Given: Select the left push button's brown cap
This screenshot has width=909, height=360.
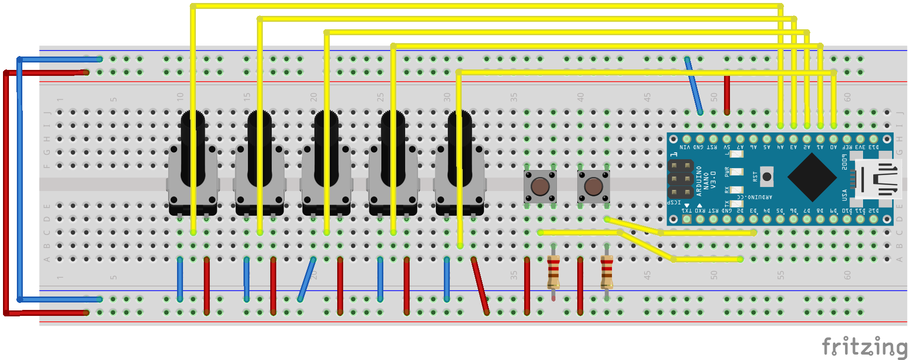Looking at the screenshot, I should (540, 186).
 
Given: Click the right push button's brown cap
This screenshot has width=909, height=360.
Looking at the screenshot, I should (593, 186).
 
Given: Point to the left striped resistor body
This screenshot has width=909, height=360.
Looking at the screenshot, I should (553, 272).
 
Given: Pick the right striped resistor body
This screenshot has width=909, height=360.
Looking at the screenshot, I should (606, 272).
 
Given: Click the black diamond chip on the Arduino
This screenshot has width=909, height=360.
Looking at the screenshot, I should (811, 177).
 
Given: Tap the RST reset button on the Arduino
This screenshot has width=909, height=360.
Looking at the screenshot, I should (767, 176).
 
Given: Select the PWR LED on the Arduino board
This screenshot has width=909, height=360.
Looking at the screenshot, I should (736, 172).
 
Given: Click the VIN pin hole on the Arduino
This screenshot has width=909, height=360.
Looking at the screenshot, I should (686, 139).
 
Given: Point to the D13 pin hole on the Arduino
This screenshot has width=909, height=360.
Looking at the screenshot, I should (873, 139).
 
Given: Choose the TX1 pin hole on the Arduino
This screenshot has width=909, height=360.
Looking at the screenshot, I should (686, 219).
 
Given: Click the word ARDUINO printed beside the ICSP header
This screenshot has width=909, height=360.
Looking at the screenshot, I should (699, 181).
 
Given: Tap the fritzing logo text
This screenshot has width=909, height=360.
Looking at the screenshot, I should (864, 346).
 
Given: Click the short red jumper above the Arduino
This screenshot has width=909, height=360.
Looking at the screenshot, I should (727, 95).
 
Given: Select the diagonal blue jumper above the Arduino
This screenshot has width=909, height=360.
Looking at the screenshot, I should (693, 86).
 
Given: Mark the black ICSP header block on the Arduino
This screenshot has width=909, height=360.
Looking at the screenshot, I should (680, 179).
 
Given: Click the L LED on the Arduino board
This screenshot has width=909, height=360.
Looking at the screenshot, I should (736, 154).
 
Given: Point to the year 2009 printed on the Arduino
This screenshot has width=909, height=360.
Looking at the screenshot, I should (844, 162).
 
